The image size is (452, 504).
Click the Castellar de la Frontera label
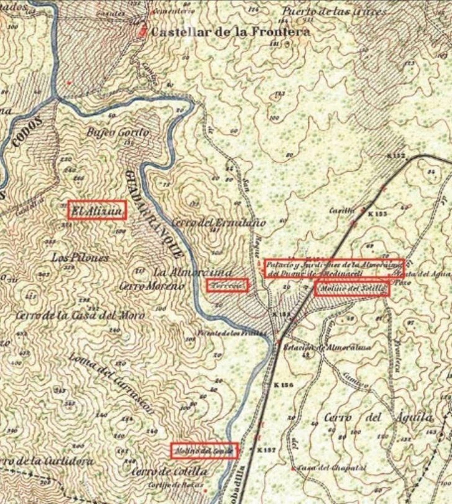pyautogui.click(x=230, y=32)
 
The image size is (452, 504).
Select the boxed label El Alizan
pyautogui.click(x=97, y=210)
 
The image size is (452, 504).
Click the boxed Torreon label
pyautogui.click(x=227, y=285)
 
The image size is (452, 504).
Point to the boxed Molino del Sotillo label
pyautogui.click(x=352, y=289)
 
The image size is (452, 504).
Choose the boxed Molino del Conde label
pyautogui.click(x=204, y=451)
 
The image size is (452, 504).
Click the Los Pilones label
pyautogui.click(x=80, y=258)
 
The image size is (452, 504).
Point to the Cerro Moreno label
pyautogui.click(x=151, y=287)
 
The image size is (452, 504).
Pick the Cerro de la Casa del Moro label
pyautogui.click(x=80, y=315)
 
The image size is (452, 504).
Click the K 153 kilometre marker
pyautogui.click(x=377, y=214)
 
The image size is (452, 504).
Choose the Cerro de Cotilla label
pyautogui.click(x=169, y=472)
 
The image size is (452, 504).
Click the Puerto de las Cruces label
pyautogui.click(x=334, y=12)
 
